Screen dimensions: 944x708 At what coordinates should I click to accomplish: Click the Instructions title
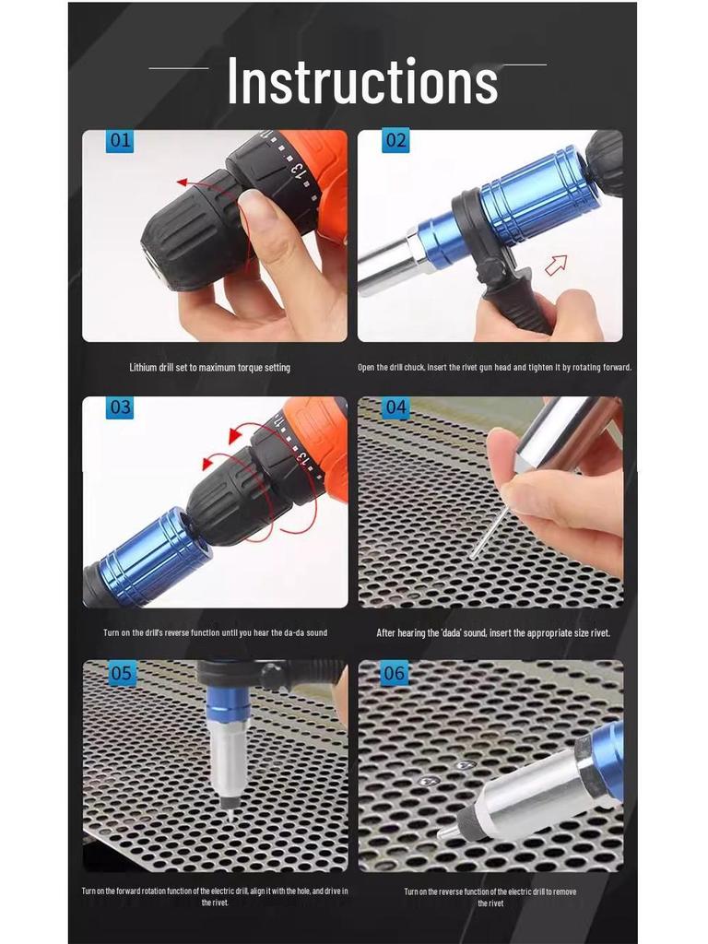[362, 81]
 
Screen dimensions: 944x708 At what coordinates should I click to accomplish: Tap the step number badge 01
[120, 141]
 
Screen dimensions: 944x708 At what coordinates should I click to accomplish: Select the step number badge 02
[395, 141]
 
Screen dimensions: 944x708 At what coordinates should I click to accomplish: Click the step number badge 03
[120, 407]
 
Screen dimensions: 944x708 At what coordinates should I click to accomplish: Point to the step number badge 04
[395, 407]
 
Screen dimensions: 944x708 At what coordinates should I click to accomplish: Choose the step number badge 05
[121, 673]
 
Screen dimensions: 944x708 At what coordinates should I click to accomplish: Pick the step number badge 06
[394, 673]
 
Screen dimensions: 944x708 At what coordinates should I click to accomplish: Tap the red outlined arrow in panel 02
[555, 266]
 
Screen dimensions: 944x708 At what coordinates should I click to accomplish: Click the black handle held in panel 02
[516, 295]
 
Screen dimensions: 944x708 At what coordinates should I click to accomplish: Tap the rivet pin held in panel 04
[488, 533]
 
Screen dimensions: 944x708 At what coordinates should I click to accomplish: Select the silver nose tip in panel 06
[449, 831]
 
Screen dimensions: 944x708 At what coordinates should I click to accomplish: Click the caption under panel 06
[490, 897]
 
